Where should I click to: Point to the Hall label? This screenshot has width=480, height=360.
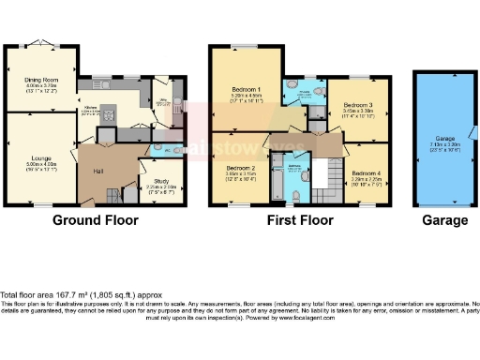point(97,172)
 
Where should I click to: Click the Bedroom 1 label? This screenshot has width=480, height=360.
point(246,92)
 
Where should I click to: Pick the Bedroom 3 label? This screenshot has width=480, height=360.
point(357,105)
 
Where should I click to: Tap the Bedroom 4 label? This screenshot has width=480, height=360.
point(366,173)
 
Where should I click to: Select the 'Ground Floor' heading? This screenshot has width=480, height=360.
point(95,221)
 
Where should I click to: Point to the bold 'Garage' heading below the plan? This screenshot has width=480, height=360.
point(444,221)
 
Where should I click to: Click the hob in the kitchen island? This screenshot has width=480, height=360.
point(106,116)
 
